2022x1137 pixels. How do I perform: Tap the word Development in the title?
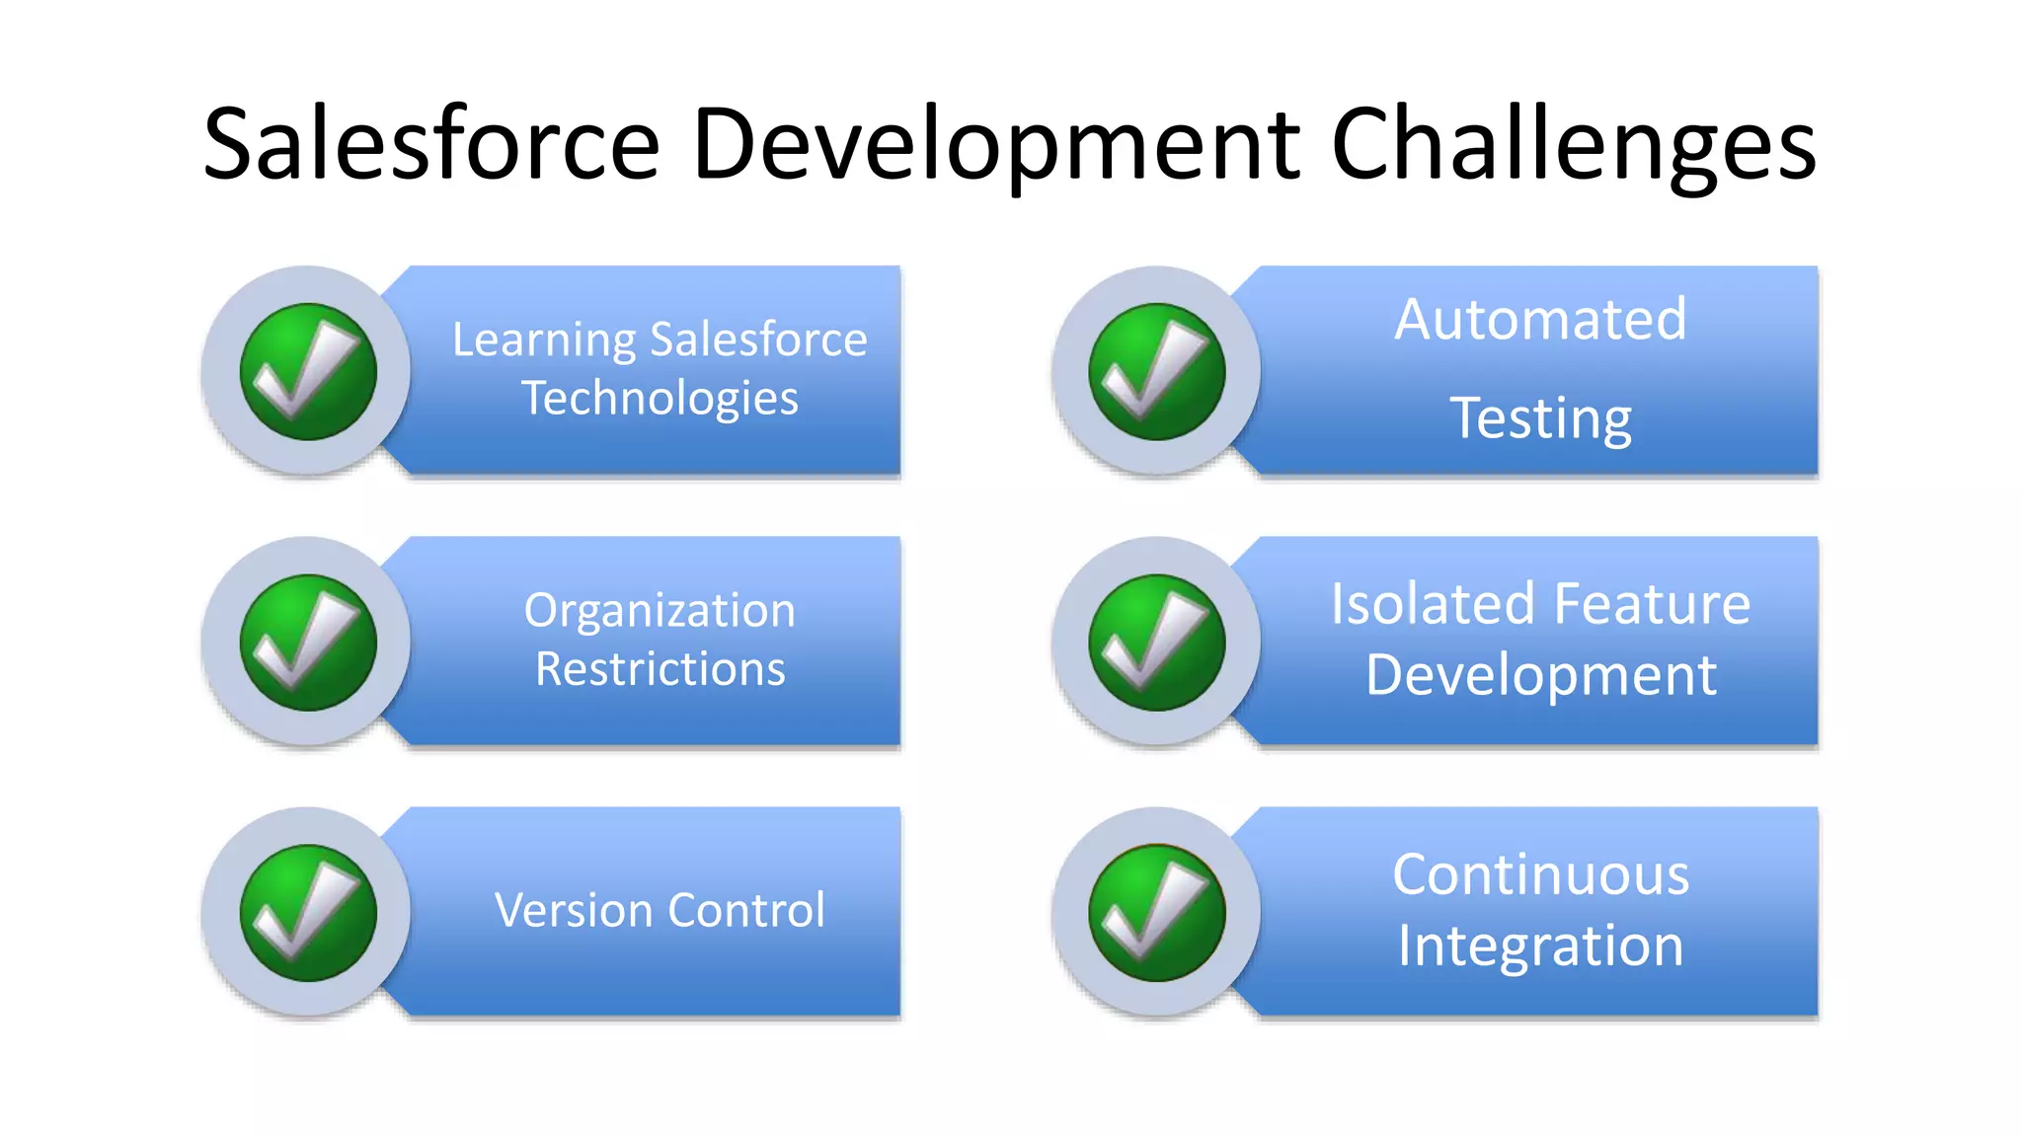[995, 146]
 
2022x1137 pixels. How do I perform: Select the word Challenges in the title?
[1573, 146]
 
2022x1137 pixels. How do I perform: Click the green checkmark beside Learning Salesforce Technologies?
[308, 372]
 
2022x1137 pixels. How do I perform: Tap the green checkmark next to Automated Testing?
[1157, 372]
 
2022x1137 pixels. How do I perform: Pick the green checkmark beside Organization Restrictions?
[308, 643]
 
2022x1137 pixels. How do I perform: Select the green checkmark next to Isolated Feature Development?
[1157, 643]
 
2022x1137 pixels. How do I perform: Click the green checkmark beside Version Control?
[308, 913]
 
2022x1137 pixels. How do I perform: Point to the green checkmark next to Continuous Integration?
[1157, 913]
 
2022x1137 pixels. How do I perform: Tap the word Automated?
[1540, 320]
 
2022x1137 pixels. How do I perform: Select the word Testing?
[1540, 419]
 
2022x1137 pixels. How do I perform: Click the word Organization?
[660, 611]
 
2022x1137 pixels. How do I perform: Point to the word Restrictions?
[660, 669]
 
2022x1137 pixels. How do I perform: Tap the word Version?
[574, 910]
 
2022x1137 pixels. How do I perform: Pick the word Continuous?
[1540, 875]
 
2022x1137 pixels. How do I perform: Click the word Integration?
[1540, 947]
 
